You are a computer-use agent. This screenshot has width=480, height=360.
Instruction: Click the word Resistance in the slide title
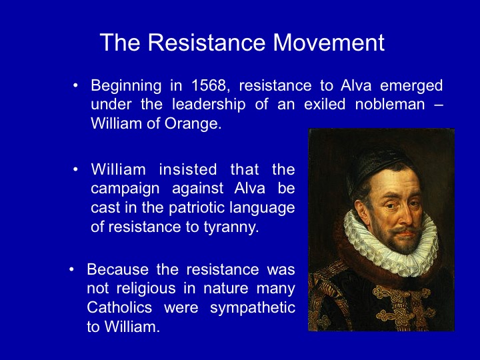[x=206, y=42]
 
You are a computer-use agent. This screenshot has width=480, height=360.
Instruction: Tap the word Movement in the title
[x=329, y=42]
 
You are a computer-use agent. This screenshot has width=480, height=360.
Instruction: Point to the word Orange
[x=193, y=124]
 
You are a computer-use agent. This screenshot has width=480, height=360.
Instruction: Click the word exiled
[x=325, y=105]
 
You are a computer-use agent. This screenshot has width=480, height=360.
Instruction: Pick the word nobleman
[x=390, y=105]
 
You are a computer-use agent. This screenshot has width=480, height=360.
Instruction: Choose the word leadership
[x=209, y=105]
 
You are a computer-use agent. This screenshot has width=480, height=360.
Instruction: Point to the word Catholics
[x=119, y=307]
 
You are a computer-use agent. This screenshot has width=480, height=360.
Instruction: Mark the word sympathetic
[x=252, y=308]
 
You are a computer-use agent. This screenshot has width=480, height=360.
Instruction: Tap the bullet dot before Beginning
[x=75, y=85]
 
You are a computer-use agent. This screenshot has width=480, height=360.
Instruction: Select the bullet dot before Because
[x=71, y=270]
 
